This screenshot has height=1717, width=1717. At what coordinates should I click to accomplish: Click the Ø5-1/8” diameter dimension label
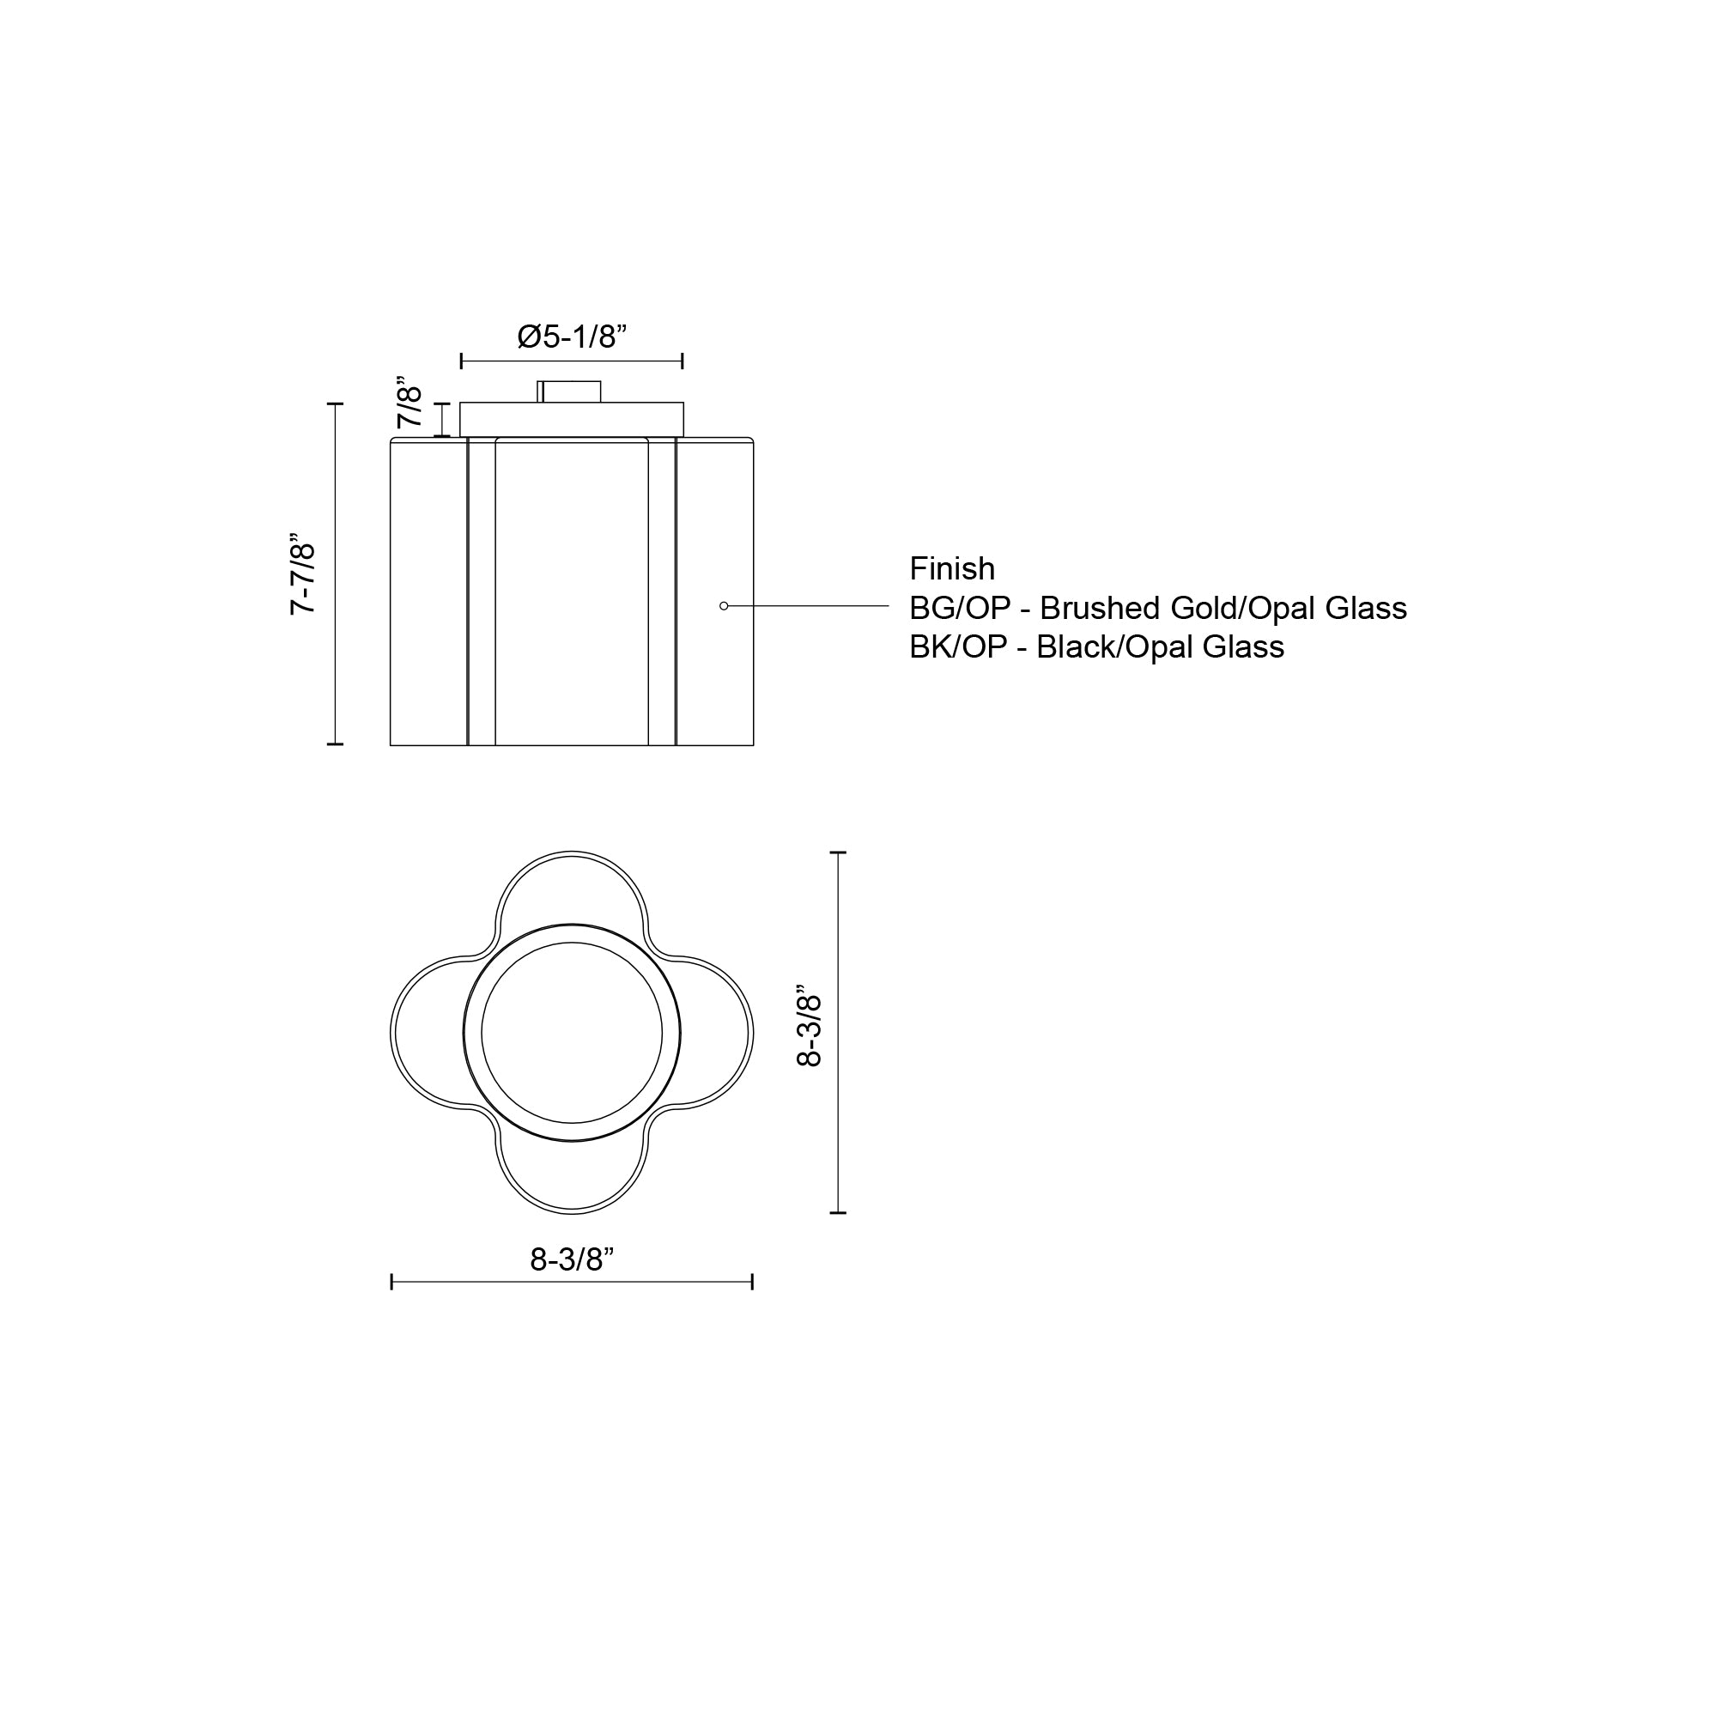[573, 337]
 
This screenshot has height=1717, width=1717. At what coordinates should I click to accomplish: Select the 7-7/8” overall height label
[302, 574]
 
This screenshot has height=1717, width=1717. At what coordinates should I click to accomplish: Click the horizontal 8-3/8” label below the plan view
[573, 1259]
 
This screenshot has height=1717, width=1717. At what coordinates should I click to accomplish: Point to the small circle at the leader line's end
[724, 606]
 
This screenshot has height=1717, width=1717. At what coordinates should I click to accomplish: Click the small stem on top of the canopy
[569, 391]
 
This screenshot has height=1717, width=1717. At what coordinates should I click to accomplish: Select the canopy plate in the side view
[572, 420]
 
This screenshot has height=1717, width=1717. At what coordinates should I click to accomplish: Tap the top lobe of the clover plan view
[573, 889]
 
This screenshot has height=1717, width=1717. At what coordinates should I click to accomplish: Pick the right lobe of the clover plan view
[716, 1033]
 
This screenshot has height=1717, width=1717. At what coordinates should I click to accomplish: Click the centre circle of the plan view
[573, 1033]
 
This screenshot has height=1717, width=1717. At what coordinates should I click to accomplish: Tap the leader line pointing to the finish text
[809, 606]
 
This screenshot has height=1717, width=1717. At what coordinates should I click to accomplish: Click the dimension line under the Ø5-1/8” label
[573, 361]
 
